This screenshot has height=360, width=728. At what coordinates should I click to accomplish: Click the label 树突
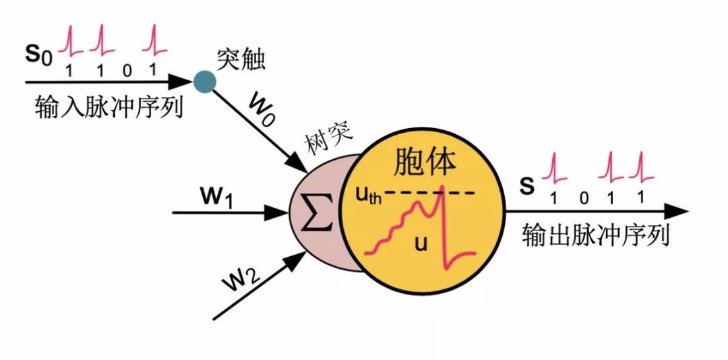coord(329,144)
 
